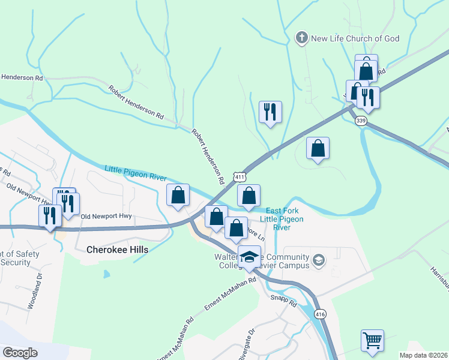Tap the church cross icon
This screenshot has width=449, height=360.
[301, 39]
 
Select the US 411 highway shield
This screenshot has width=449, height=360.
[240, 177]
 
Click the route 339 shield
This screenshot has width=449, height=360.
[361, 121]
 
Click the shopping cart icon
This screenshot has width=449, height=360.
[372, 340]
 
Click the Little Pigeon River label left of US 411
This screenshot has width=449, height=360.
[135, 173]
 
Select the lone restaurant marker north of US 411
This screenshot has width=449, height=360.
[270, 112]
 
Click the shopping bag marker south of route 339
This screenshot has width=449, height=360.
[318, 148]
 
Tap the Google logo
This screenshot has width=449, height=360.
[19, 353]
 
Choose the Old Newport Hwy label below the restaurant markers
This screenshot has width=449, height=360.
[106, 216]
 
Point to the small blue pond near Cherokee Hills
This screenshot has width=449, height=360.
[106, 274]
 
